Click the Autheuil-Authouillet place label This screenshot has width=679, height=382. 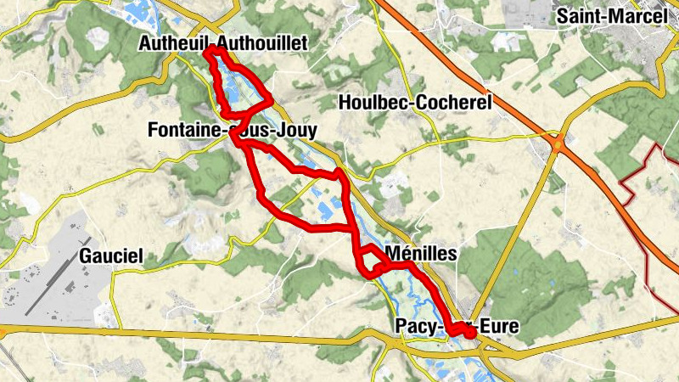[224, 43]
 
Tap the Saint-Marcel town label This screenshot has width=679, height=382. [613, 16]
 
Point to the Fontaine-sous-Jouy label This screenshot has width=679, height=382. [232, 131]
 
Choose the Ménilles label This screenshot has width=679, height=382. [421, 253]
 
